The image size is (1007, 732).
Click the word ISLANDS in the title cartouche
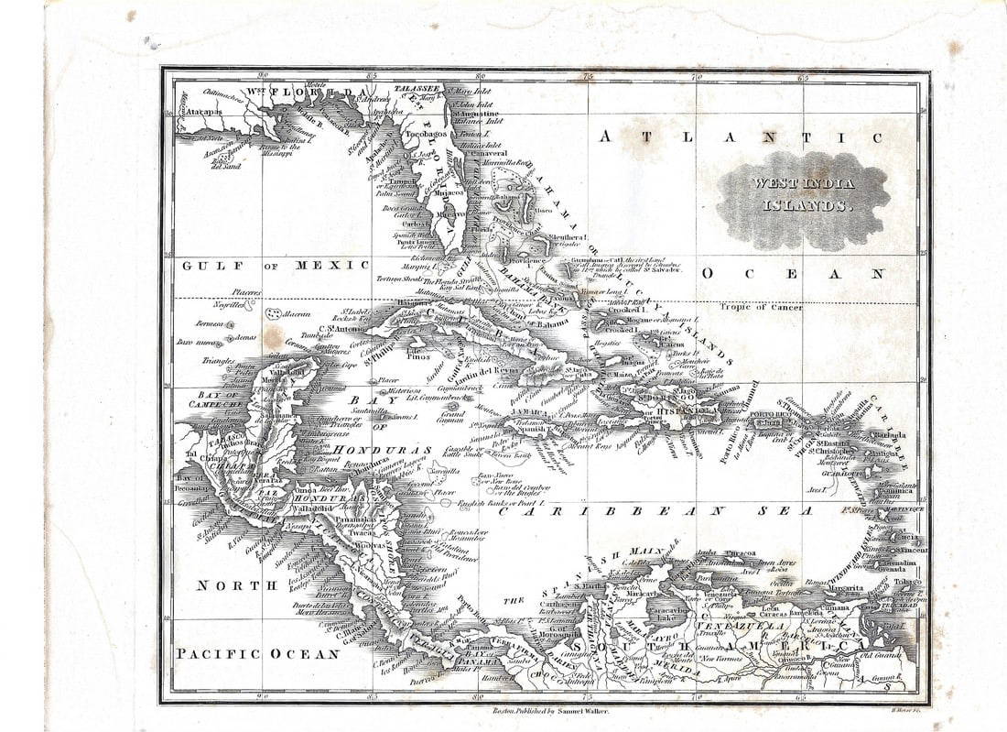pyautogui.click(x=807, y=206)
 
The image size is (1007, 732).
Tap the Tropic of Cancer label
pyautogui.click(x=761, y=307)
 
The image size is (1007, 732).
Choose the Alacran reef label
pyautogui.click(x=297, y=313)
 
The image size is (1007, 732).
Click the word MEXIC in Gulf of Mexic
pyautogui.click(x=332, y=266)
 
